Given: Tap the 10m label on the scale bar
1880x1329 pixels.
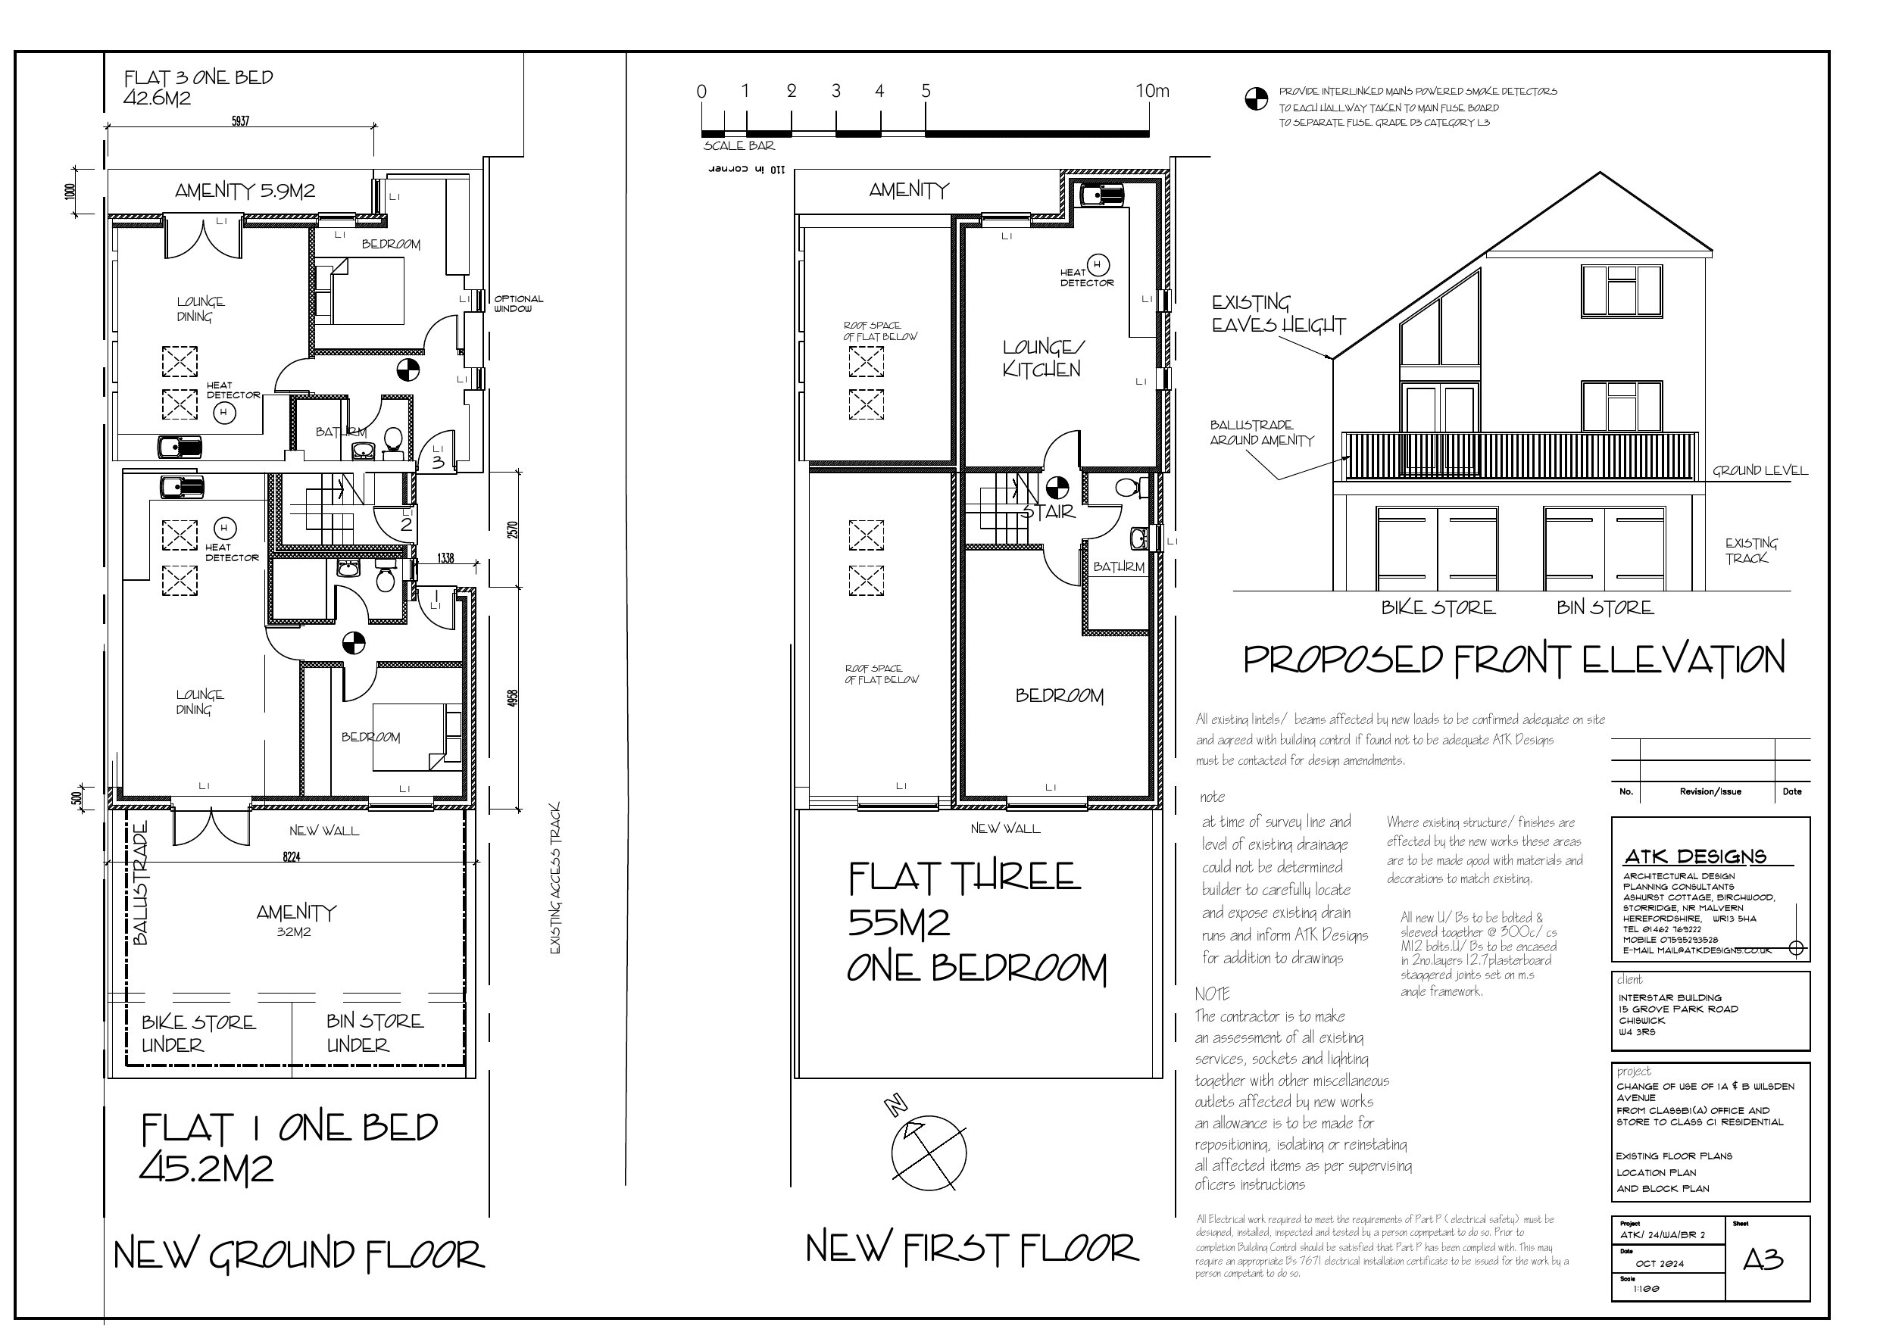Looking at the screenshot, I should tap(1151, 91).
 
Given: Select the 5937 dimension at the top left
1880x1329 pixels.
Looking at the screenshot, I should tap(240, 120).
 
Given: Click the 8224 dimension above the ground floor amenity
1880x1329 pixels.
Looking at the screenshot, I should tap(292, 856).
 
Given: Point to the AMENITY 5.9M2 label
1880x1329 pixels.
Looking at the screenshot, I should tap(245, 191).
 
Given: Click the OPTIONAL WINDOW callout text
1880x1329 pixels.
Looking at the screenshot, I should tap(517, 303).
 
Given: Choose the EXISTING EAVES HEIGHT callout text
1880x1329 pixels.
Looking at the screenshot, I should tap(1277, 314).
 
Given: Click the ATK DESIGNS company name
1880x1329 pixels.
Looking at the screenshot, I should tap(1694, 856).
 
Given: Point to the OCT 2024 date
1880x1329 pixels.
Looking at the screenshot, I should tap(1659, 1263).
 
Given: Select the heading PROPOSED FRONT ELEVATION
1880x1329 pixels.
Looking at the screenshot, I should tap(1513, 660).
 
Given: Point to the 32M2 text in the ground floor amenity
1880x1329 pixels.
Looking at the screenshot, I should tap(293, 932).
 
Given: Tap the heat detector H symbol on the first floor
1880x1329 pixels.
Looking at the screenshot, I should tap(1098, 264).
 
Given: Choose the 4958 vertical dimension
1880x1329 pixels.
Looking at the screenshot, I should tap(513, 697).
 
